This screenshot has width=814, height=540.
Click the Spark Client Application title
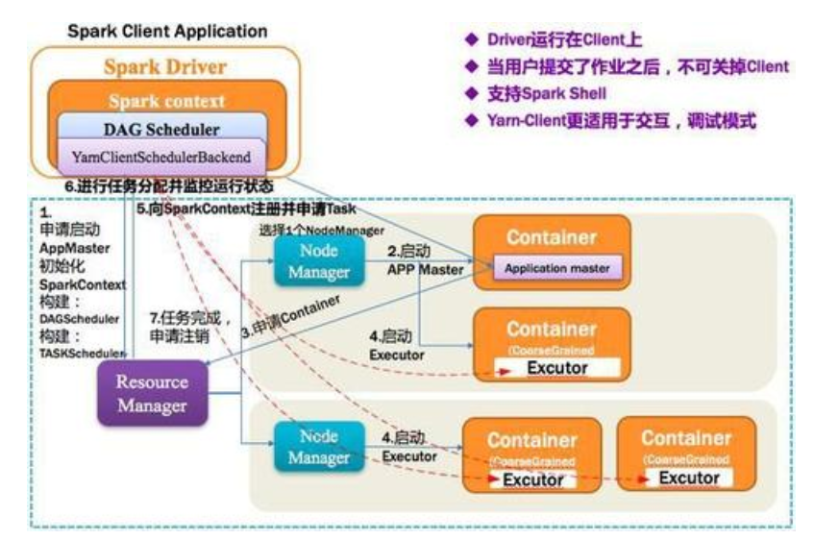tap(167, 31)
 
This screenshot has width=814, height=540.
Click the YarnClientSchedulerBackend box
tap(160, 156)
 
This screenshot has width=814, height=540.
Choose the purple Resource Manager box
tap(152, 393)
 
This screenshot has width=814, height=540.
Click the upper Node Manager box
tap(318, 259)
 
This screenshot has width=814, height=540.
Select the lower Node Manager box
tap(318, 446)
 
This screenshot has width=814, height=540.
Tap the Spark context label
tap(166, 100)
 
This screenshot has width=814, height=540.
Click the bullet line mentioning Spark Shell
tap(541, 95)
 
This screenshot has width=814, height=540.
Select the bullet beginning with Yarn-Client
tap(613, 122)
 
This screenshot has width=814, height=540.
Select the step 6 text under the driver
tap(168, 184)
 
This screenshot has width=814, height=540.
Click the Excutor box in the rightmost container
tap(689, 478)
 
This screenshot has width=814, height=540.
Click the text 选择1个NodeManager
tap(322, 231)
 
